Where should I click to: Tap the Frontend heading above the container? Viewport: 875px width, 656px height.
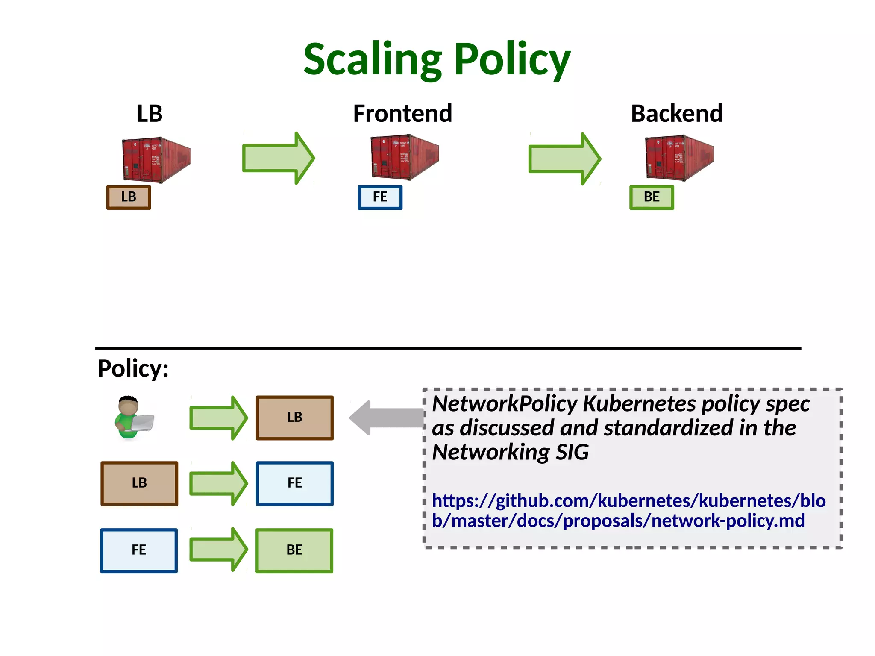402,114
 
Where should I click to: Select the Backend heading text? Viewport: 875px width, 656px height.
677,114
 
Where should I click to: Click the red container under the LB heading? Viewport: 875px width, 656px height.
156,159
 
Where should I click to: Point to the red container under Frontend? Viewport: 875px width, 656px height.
404,157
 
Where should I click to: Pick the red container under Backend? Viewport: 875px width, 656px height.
678,158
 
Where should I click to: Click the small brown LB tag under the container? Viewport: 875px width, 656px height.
129,197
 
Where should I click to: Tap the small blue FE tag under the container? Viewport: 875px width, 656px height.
380,197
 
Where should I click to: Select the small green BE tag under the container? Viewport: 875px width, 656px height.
652,197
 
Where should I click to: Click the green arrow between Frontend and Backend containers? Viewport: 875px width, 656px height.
564,159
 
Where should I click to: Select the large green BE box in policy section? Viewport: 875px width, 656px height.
294,550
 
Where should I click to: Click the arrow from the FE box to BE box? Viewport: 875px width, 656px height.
218,550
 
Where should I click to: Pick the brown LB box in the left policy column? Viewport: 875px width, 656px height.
139,483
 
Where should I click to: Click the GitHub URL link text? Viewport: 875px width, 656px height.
628,511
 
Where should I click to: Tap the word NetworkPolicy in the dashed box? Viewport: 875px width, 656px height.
505,404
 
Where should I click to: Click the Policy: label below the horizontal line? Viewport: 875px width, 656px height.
133,368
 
